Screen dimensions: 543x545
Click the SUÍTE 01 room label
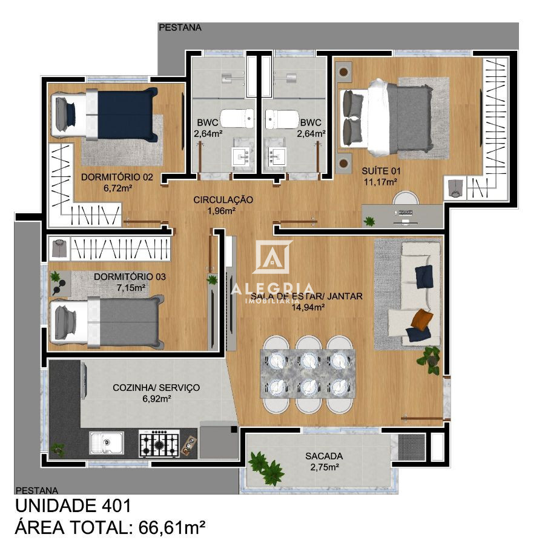point(380,171)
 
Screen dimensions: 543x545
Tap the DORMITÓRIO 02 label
point(117,178)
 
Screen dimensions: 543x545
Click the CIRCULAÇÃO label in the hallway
point(223,200)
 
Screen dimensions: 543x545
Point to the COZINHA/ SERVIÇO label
point(156,388)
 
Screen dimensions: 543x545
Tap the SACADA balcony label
point(324,456)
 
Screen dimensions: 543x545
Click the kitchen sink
point(107,442)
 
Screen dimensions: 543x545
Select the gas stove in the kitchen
point(159,444)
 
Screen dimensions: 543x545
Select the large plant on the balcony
point(266,468)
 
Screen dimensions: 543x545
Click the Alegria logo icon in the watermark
point(272,258)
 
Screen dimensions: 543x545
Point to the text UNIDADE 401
point(73,505)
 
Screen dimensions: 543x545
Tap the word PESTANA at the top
point(180,27)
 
